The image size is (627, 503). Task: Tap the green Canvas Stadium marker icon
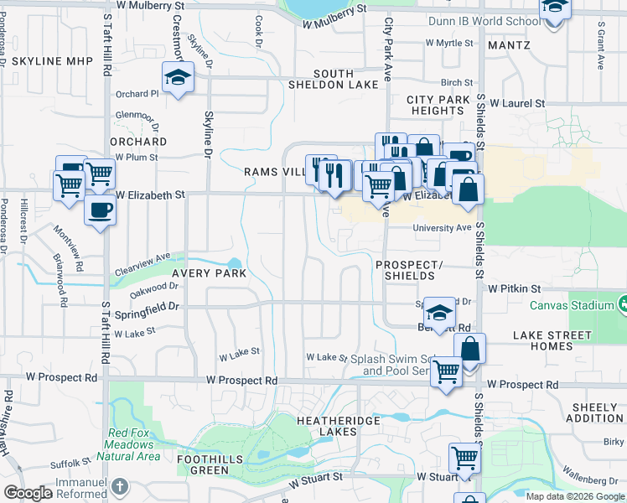[x=622, y=303]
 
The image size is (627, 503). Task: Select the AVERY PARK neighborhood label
[x=210, y=273]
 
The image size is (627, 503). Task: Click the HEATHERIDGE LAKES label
[x=337, y=425]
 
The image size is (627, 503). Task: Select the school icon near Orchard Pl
[x=178, y=78]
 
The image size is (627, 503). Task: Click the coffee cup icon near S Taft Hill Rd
[x=101, y=210]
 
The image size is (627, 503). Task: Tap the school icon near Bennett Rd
[x=438, y=313]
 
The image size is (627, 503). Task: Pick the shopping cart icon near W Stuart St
[x=464, y=458]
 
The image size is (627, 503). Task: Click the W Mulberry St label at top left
[x=151, y=5]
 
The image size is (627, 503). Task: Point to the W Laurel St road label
[x=517, y=103]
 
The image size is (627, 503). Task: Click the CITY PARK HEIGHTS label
[x=439, y=105]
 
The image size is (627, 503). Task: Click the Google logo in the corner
[x=28, y=493]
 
